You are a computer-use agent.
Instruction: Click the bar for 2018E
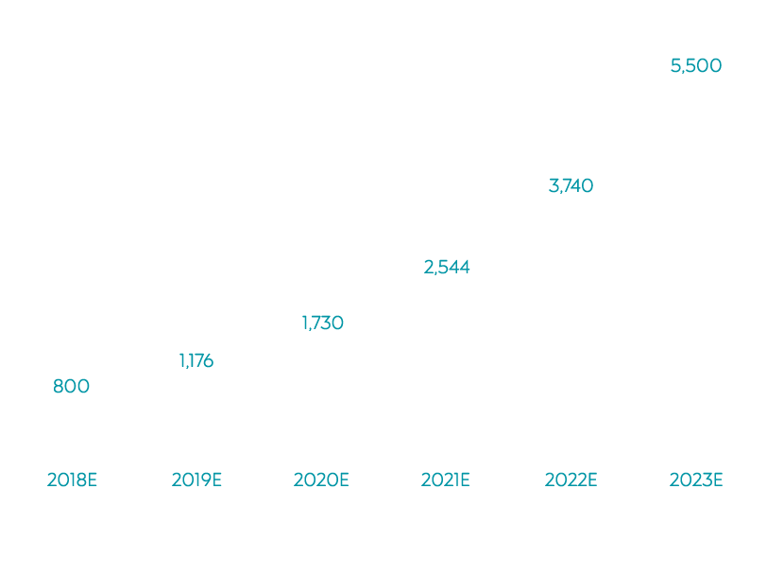tap(72, 425)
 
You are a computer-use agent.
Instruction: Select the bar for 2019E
tap(196, 410)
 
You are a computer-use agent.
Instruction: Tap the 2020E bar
tap(321, 392)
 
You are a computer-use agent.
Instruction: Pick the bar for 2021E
tap(446, 365)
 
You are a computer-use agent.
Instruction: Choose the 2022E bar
tap(571, 323)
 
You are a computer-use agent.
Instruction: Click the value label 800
tap(71, 386)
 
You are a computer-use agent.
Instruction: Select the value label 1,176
tap(196, 359)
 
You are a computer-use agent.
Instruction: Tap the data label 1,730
tap(321, 323)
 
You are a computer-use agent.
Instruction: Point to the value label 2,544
tap(446, 268)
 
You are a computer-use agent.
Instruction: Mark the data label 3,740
tap(571, 185)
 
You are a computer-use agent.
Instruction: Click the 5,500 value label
tap(695, 65)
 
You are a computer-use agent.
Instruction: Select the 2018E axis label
tap(72, 480)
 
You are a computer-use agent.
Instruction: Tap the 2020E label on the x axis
tap(321, 480)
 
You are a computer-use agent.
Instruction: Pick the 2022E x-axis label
tap(571, 480)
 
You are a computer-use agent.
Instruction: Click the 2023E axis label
tap(695, 480)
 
